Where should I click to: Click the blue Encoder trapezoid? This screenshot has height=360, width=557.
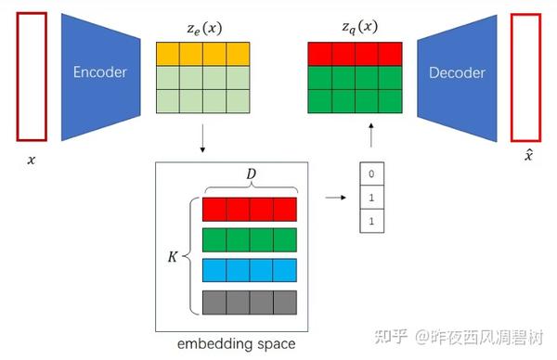coord(99,72)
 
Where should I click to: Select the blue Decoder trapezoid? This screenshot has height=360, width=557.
coord(457,72)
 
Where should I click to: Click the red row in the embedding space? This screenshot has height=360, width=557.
coord(249,208)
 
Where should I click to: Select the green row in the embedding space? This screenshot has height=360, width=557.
coord(249,239)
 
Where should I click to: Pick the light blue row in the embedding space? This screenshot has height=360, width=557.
coord(249,271)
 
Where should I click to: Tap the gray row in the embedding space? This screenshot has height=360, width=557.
coord(249,302)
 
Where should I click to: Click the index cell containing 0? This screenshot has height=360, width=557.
coord(371,174)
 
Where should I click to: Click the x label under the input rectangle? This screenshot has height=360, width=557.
coord(31,160)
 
